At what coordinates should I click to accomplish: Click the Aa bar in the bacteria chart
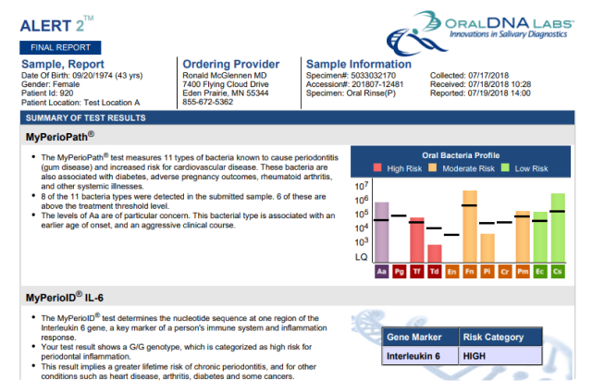point(381,232)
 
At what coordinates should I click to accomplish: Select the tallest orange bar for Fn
point(470,227)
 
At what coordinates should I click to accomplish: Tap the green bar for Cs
point(558,227)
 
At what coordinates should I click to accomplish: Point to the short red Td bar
point(435,253)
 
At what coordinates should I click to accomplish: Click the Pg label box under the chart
point(399,272)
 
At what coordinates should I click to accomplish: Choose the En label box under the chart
point(452,272)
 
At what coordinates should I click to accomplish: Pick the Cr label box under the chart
point(505,272)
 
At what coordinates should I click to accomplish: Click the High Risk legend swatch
point(377,168)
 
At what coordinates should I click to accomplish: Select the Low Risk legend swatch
point(505,168)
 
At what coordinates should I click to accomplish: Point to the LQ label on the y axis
point(361,257)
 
